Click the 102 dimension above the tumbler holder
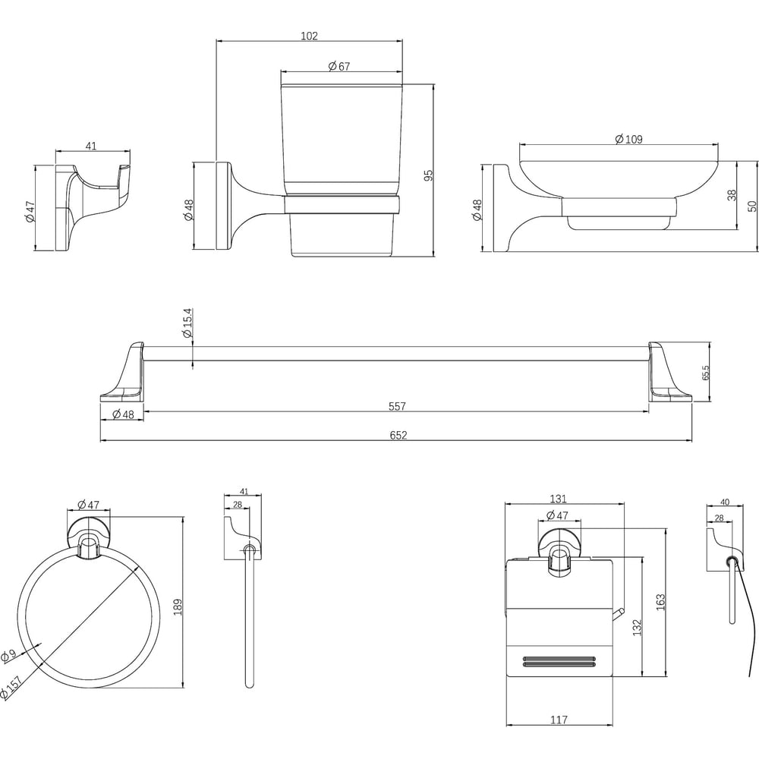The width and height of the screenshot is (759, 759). click(310, 36)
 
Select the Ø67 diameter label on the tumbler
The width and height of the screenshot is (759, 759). click(339, 66)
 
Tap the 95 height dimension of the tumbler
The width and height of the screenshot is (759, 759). click(428, 175)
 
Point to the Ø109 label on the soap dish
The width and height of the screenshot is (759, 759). click(628, 140)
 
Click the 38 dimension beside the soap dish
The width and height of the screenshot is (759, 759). click(732, 195)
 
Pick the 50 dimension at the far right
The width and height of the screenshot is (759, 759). click(751, 206)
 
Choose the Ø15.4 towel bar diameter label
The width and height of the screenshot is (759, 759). click(187, 323)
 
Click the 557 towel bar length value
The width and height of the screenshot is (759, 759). click(397, 406)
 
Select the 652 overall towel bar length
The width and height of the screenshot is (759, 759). click(398, 435)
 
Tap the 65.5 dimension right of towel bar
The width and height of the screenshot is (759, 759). click(705, 373)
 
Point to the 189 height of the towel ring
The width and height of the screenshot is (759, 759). click(178, 607)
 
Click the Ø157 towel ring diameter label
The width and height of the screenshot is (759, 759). click(11, 687)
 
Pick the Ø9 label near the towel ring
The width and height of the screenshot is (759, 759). click(8, 655)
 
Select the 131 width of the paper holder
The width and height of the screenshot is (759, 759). click(558, 499)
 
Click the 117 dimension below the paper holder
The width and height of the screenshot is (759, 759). click(559, 720)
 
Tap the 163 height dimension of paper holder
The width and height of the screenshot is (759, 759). click(661, 602)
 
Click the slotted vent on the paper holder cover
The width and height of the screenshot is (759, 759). click(559, 661)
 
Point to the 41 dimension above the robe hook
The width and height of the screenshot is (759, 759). click(91, 146)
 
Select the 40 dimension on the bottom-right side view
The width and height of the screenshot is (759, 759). click(725, 502)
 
